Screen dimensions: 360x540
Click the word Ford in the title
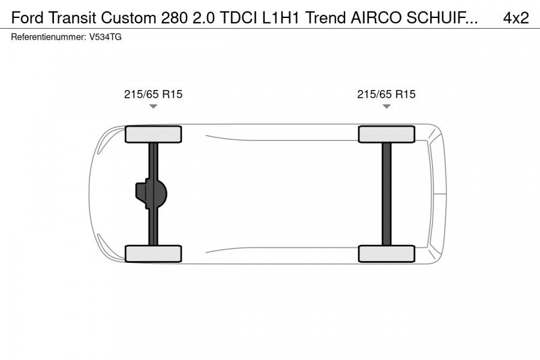tap(27, 18)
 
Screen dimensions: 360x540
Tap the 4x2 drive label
tap(515, 18)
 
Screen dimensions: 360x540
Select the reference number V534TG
tap(106, 37)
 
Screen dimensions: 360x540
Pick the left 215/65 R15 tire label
tap(153, 94)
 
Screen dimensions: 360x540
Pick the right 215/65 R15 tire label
tap(386, 94)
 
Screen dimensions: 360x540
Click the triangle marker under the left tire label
tap(153, 107)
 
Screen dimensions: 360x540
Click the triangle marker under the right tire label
tap(386, 107)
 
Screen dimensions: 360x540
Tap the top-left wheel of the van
tap(153, 134)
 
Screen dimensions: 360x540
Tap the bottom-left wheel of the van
tap(153, 254)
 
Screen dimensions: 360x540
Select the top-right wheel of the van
tap(386, 134)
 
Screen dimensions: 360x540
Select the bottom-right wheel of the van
tap(386, 254)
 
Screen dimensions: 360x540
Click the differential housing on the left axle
tap(150, 194)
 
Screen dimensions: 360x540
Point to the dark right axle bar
tap(386, 194)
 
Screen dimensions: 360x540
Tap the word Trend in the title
tap(325, 18)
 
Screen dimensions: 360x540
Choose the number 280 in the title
tap(173, 18)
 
